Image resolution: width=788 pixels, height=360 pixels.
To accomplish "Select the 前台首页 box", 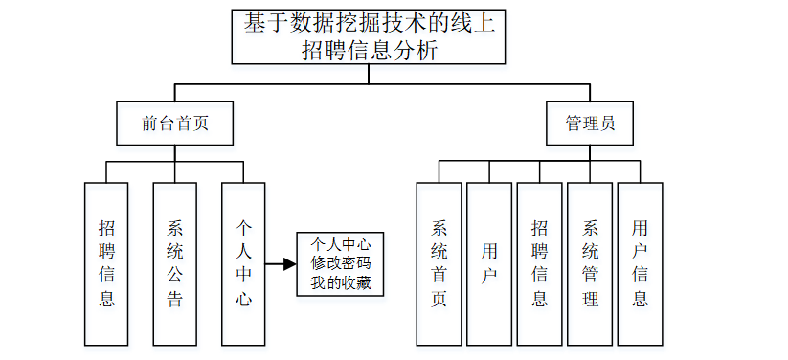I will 174,124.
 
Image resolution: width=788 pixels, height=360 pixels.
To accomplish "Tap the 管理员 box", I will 589,124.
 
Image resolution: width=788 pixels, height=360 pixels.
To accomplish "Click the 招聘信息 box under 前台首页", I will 106,263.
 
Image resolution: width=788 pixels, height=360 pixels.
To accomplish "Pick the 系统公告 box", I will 175,263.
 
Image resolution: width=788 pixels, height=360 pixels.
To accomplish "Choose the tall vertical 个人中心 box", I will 243,263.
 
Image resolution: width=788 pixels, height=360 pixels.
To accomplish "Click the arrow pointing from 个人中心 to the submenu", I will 280,263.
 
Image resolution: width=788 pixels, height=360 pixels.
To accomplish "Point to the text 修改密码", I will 340,263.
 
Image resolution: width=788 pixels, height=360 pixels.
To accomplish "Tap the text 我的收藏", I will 340,284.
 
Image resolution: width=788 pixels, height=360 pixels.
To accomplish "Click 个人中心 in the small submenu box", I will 340,242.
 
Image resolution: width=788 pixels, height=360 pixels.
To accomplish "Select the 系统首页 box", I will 439,263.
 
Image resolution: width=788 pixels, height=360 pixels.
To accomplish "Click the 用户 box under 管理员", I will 489,263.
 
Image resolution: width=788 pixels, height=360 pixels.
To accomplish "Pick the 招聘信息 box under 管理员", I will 540,263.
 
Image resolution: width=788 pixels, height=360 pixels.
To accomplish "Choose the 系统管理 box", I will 590,263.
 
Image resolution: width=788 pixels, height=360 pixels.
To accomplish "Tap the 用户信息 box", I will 640,263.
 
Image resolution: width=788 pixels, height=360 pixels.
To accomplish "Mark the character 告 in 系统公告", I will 175,299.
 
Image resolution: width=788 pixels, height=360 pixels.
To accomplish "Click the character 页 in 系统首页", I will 439,299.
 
